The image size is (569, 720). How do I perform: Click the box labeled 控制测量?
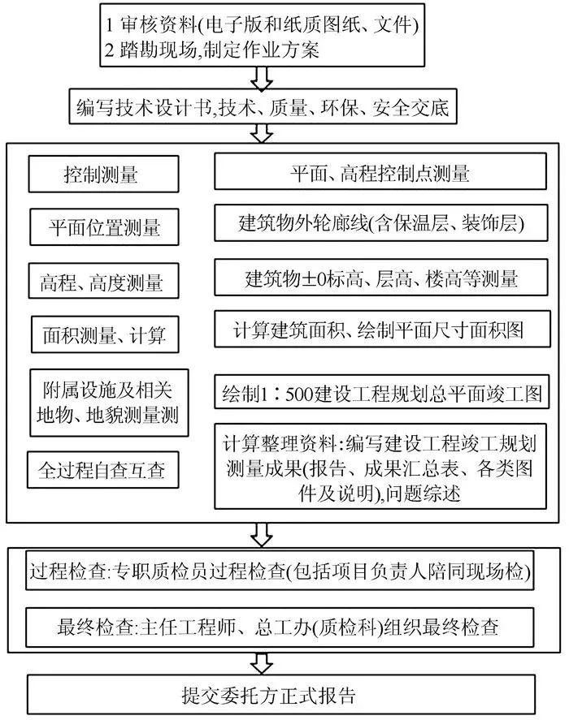click(101, 175)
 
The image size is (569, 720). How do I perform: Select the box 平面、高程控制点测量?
click(379, 173)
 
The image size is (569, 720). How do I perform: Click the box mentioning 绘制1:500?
click(379, 394)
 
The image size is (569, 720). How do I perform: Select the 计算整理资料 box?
click(379, 468)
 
